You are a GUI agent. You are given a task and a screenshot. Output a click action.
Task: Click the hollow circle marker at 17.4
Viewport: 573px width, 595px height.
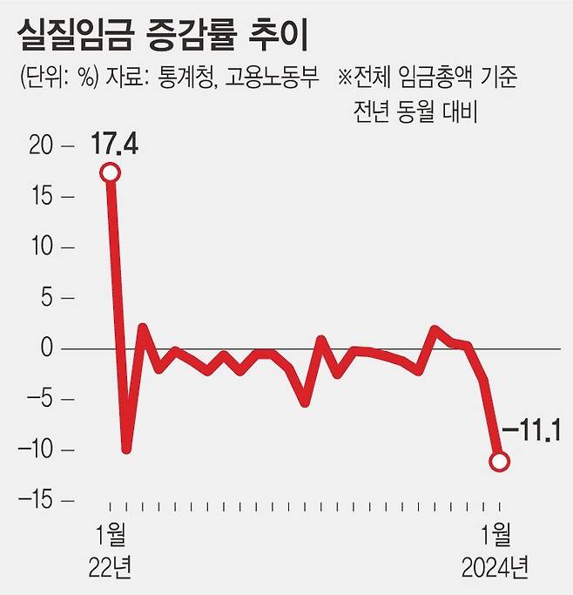tap(111, 172)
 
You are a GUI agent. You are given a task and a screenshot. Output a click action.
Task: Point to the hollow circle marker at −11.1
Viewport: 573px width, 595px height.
tap(499, 462)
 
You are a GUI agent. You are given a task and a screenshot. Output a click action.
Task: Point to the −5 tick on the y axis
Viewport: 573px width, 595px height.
tap(39, 400)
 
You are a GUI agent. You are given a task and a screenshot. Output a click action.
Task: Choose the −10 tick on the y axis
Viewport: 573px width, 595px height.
tap(35, 450)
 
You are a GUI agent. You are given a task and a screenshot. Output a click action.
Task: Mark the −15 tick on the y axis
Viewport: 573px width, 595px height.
tap(35, 501)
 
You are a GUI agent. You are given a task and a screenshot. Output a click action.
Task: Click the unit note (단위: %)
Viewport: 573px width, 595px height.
tap(57, 78)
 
